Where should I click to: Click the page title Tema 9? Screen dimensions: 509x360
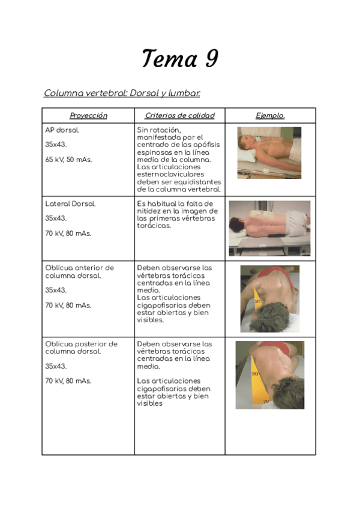(179, 59)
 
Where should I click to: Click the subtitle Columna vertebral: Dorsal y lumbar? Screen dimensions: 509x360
(122, 93)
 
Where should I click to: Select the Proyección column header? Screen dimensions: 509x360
(88, 116)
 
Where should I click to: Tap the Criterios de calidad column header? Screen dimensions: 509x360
(179, 116)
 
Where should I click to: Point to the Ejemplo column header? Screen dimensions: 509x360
(270, 116)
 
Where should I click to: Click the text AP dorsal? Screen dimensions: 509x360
(62, 130)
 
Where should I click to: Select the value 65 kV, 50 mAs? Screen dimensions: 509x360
(68, 160)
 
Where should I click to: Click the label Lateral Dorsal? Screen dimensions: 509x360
(70, 204)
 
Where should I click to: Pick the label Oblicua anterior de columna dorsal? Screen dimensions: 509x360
(79, 271)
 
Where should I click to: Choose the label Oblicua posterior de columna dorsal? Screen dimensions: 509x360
(81, 348)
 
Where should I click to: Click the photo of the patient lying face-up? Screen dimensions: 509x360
(269, 152)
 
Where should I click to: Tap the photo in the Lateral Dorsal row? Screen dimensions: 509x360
(269, 228)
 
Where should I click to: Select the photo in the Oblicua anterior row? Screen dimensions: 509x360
(269, 298)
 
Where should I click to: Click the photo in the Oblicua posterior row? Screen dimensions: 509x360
(269, 375)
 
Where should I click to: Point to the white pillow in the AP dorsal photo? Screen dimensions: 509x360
(247, 155)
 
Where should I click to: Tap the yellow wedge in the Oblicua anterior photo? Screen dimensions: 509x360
(257, 303)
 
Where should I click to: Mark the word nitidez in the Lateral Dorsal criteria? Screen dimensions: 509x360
(151, 211)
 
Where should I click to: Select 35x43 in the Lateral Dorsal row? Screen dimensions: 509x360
(56, 218)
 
